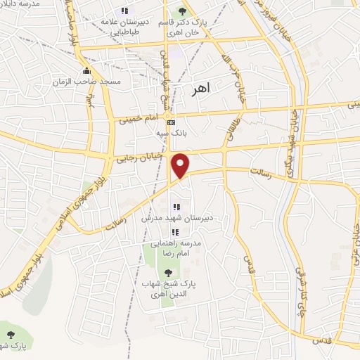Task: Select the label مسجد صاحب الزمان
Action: (x=86, y=82)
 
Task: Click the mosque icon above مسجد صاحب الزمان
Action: (x=86, y=71)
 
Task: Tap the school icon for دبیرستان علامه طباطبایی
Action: (x=124, y=11)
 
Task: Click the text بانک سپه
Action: (x=171, y=131)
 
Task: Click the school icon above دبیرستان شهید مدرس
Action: (x=176, y=207)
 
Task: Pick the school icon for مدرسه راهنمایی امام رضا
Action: (x=174, y=232)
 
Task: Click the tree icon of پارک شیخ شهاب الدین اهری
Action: (x=167, y=273)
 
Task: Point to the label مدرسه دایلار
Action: (x=21, y=4)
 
